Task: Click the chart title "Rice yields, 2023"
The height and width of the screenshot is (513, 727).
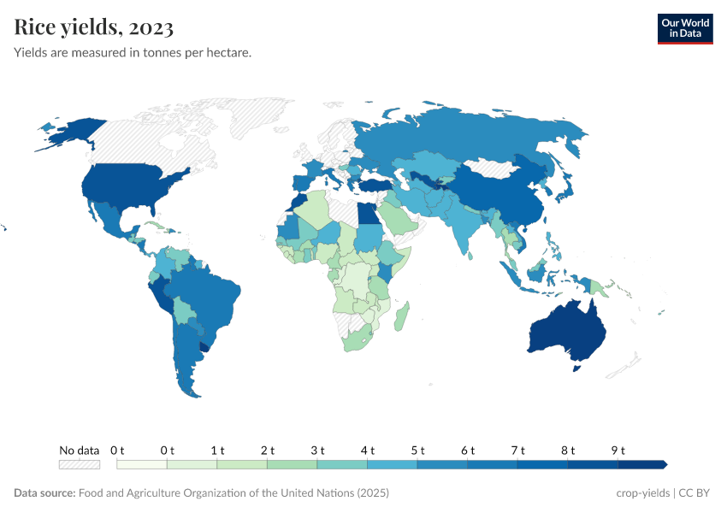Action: click(x=94, y=27)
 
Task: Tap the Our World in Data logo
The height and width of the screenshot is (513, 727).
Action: click(x=684, y=28)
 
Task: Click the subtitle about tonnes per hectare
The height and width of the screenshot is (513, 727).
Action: click(x=133, y=53)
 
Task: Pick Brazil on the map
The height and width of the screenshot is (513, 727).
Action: click(x=210, y=295)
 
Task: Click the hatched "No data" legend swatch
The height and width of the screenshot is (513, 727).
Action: click(x=79, y=464)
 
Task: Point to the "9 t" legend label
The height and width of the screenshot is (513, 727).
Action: click(x=618, y=450)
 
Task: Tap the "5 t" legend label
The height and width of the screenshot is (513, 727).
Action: click(x=417, y=450)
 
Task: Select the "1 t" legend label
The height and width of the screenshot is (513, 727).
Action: click(x=217, y=450)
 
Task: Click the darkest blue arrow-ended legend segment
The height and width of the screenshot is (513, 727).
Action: click(x=641, y=464)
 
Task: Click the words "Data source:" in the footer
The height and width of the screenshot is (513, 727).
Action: click(x=44, y=493)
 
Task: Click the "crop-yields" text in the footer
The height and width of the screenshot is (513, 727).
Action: click(x=643, y=493)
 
